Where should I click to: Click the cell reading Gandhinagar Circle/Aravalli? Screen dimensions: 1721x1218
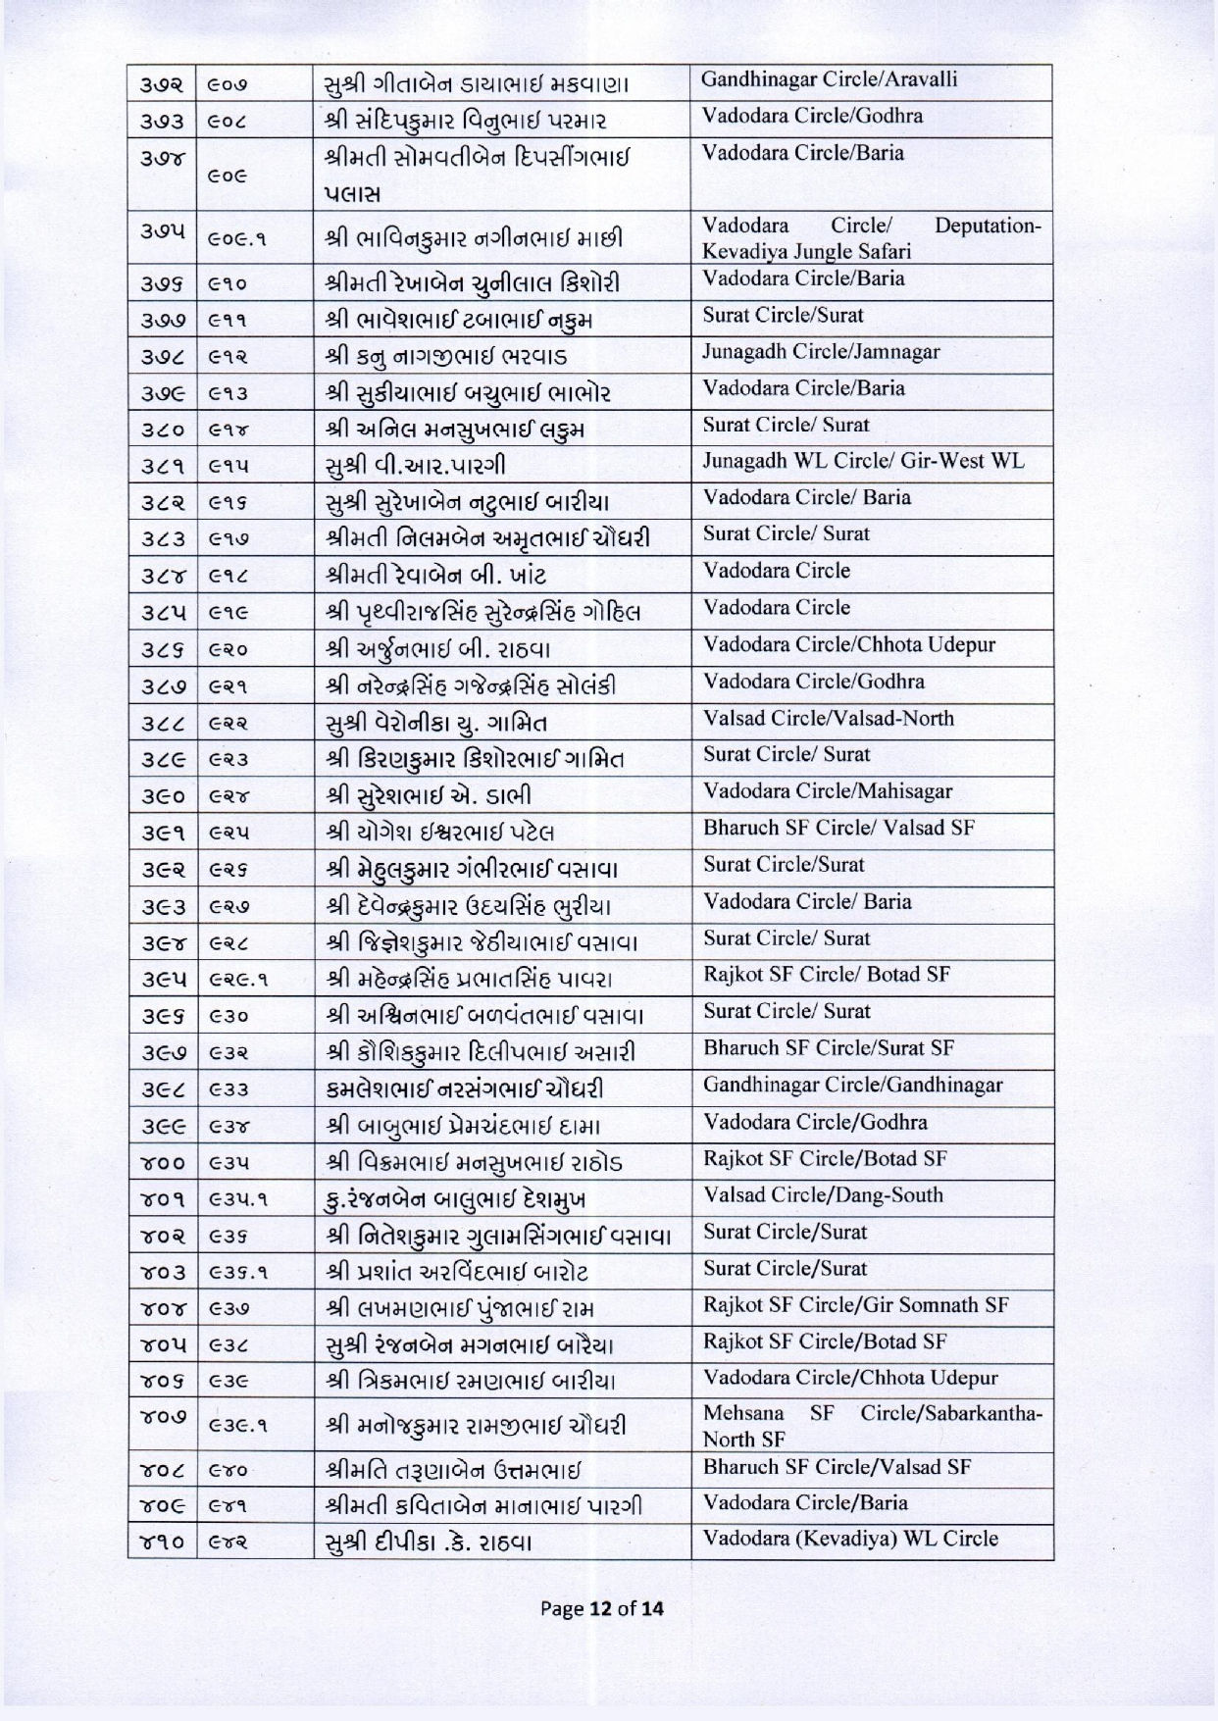(829, 80)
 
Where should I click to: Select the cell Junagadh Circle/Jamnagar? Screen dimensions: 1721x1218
(820, 352)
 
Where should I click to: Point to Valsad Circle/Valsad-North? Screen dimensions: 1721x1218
(829, 719)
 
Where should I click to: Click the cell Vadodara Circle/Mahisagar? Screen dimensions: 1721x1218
(828, 791)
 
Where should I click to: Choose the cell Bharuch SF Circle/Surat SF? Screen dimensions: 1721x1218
(829, 1048)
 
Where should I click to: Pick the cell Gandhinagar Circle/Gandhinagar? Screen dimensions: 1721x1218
(853, 1086)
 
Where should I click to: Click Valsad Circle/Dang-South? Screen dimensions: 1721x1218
(824, 1195)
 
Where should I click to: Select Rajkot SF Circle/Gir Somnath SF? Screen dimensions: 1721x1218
(855, 1305)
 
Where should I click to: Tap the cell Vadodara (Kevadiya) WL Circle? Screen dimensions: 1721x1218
(850, 1539)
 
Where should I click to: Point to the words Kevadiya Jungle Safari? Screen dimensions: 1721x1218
(806, 252)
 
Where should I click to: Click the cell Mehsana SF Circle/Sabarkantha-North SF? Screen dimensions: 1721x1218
(872, 1426)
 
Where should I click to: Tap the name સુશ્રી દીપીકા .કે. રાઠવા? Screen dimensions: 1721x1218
(428, 1543)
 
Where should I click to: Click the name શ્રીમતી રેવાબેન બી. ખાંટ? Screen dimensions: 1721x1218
(435, 575)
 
